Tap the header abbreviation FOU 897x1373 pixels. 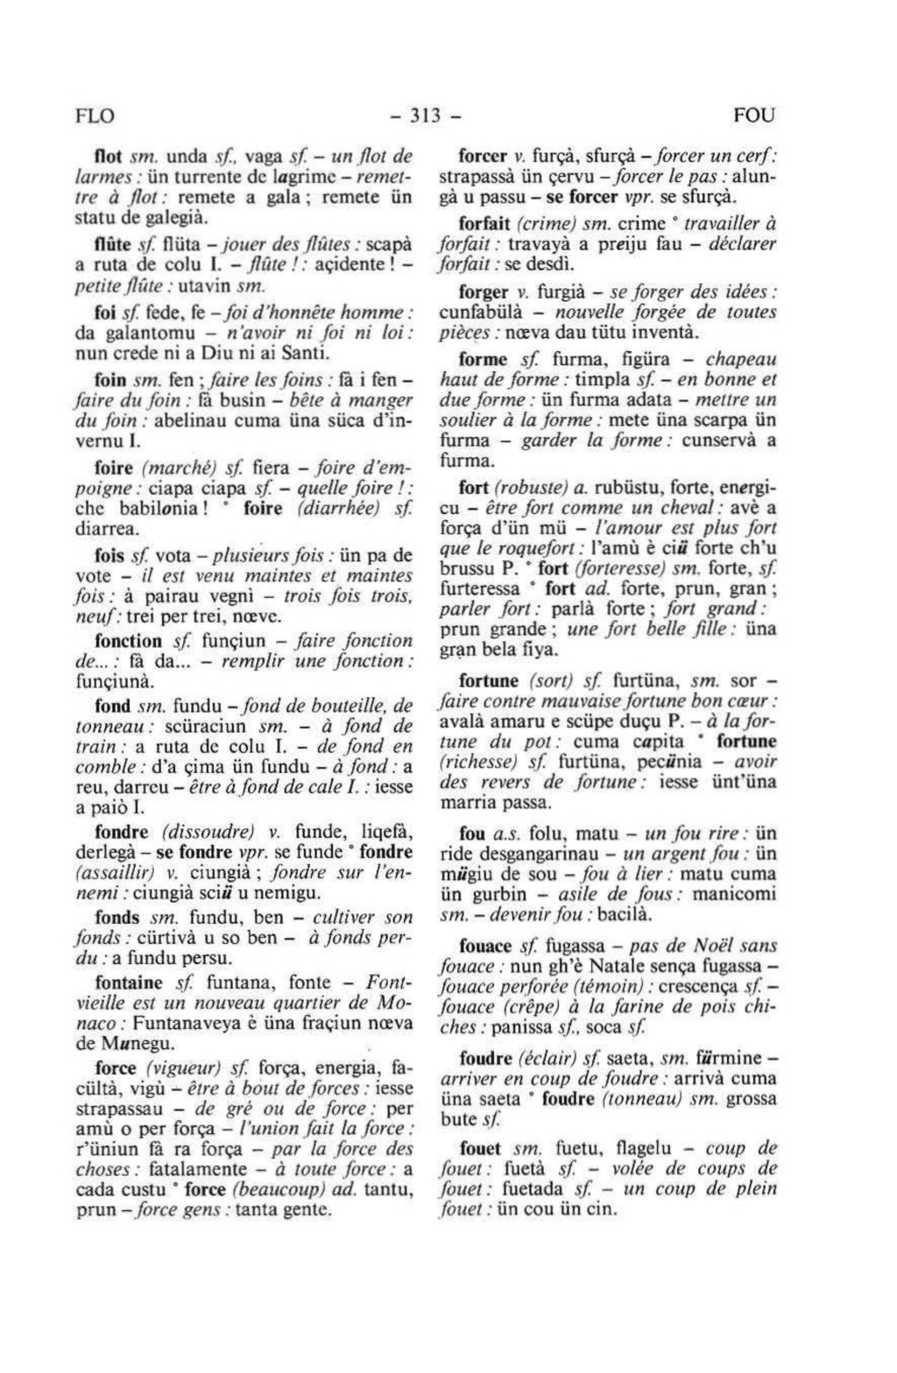click(x=753, y=116)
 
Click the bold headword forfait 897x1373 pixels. click(x=485, y=223)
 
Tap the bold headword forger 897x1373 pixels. click(x=484, y=292)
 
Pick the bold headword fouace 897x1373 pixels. click(x=485, y=946)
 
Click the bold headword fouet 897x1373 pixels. click(x=481, y=1148)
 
